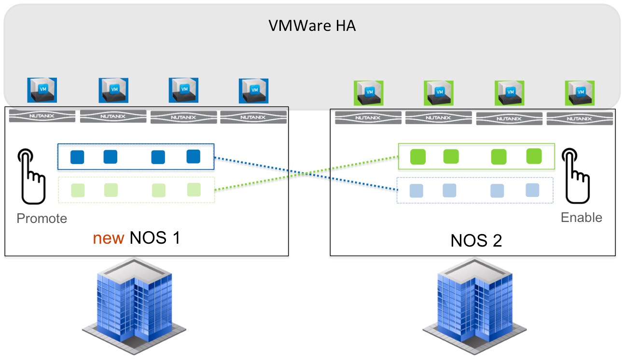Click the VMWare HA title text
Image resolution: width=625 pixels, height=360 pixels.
(x=312, y=26)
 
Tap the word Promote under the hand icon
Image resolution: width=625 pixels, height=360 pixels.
(x=42, y=218)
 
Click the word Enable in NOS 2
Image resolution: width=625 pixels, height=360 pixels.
(x=582, y=217)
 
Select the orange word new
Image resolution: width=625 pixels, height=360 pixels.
(x=108, y=238)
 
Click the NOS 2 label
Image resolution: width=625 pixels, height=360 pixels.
(x=476, y=240)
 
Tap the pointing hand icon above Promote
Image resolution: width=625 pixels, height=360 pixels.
(x=31, y=176)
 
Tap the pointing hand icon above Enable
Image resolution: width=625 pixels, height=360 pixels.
(x=576, y=176)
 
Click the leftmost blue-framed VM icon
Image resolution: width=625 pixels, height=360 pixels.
(x=42, y=90)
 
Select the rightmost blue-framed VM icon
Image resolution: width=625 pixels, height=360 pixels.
(x=254, y=91)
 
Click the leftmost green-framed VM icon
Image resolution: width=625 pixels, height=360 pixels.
(x=369, y=93)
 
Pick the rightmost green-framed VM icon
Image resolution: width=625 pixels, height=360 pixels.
(x=580, y=93)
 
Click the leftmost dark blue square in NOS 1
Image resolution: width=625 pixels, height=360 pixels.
(x=77, y=157)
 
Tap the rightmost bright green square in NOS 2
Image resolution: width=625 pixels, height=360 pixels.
(x=534, y=156)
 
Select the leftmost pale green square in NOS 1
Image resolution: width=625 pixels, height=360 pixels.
(x=78, y=191)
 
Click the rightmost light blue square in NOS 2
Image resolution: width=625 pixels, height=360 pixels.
(x=532, y=190)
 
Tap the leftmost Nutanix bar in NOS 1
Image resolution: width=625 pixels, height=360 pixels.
(x=42, y=116)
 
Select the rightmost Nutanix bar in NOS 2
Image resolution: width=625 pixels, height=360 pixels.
(x=580, y=119)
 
